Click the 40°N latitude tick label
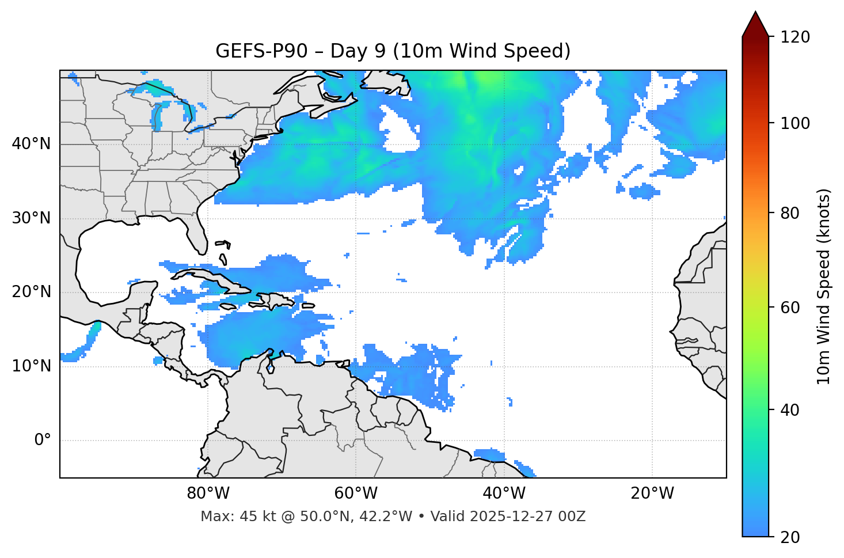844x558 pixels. click(31, 144)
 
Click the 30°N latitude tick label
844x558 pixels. click(31, 218)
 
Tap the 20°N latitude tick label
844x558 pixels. click(31, 292)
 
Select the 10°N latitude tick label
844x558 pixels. click(31, 366)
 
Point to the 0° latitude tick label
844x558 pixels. click(43, 441)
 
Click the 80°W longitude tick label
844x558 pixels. click(208, 494)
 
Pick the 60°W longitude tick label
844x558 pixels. click(356, 494)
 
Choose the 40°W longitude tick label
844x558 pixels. click(504, 494)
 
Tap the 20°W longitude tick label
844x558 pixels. click(652, 494)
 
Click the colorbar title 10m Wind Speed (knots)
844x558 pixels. click(824, 287)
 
